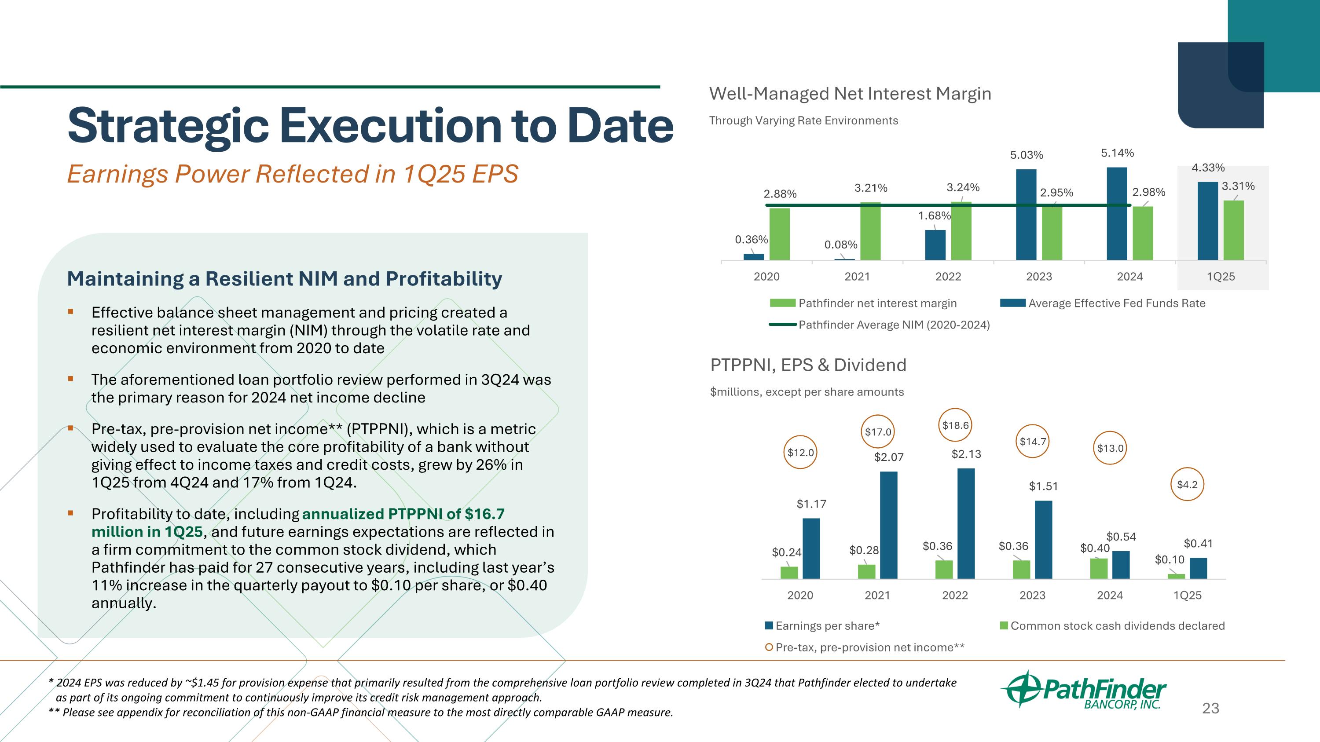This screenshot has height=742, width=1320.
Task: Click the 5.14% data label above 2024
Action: [x=1118, y=153]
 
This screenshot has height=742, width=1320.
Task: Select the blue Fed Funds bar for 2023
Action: [x=1026, y=215]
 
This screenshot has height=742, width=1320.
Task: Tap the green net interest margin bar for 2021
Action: [x=870, y=231]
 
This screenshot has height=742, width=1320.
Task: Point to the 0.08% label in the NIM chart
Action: [x=840, y=245]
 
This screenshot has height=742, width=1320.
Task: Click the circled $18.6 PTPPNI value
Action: [x=955, y=425]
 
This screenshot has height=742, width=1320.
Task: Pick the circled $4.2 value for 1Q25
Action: [x=1187, y=484]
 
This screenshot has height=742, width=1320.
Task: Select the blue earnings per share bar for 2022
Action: [x=966, y=523]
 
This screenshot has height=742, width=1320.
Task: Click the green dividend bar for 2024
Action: [x=1099, y=568]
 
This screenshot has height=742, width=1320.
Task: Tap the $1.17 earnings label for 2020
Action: [x=811, y=504]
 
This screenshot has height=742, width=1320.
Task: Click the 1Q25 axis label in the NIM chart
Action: [x=1221, y=277]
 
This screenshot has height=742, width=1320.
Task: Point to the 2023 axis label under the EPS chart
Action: [x=1032, y=595]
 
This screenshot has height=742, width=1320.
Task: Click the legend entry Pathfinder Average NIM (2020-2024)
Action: [x=894, y=325]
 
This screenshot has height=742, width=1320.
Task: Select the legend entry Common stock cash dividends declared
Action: [x=1117, y=626]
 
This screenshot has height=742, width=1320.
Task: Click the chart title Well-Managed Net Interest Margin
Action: [x=850, y=94]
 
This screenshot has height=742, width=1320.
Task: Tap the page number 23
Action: [x=1210, y=708]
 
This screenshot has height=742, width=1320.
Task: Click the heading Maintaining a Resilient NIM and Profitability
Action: [x=284, y=278]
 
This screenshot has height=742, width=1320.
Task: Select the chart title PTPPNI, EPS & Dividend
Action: [x=807, y=365]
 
